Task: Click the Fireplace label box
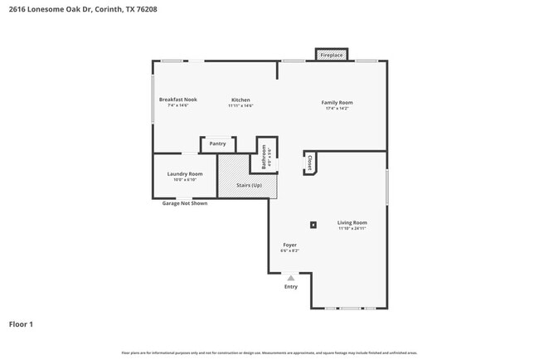[x=332, y=55]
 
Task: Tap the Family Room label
[x=337, y=102]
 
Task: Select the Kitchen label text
[x=240, y=100]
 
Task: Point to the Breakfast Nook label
[x=178, y=100]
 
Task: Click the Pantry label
[x=218, y=144]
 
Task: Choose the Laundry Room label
[x=185, y=173]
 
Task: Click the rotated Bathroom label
[x=264, y=154]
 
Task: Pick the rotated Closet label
[x=309, y=163]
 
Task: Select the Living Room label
[x=352, y=222]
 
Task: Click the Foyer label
[x=290, y=245]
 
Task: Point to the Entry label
[x=291, y=287]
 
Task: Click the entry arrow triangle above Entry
[x=291, y=278]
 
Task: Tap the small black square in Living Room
[x=313, y=224]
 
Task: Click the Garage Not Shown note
[x=185, y=203]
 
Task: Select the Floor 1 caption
[x=21, y=324]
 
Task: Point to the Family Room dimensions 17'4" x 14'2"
[x=337, y=108]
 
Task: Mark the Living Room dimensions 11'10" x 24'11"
[x=352, y=228]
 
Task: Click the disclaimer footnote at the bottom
[x=269, y=353]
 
